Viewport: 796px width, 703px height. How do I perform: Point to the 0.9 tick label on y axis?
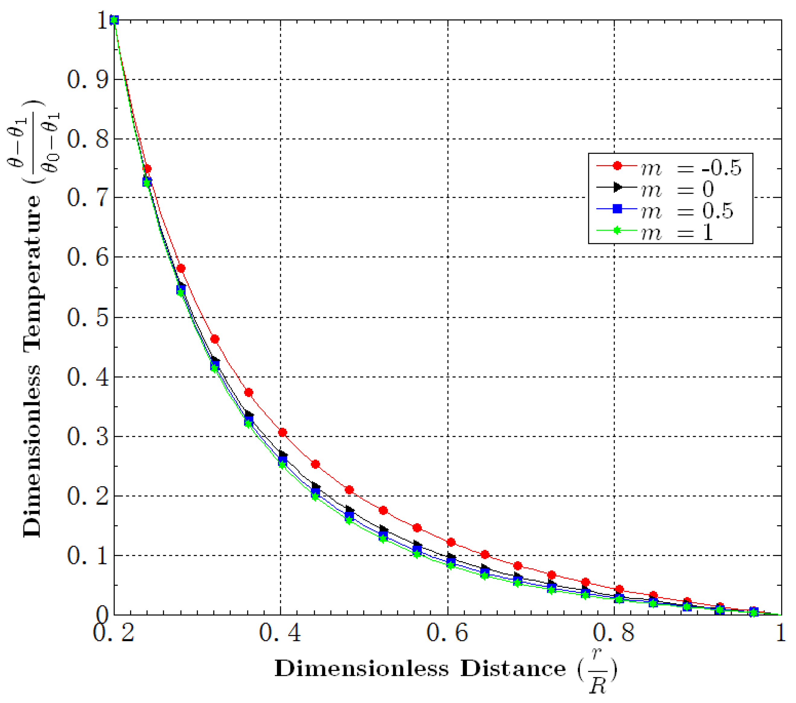[87, 80]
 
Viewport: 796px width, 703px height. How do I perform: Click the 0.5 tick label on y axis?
[87, 318]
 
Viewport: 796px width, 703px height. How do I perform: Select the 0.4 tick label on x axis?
[280, 633]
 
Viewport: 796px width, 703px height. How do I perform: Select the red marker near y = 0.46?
[215, 339]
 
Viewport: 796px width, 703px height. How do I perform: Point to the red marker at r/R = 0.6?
[451, 542]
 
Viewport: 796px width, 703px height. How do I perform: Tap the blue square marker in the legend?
[617, 209]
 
